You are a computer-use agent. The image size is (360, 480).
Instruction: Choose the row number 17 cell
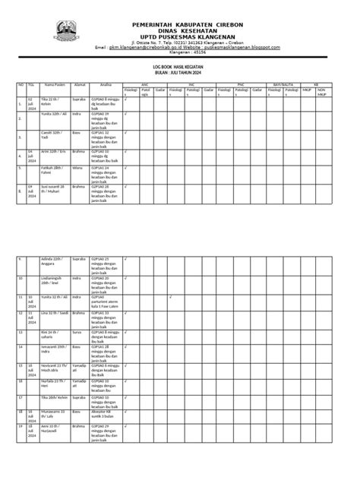21,396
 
